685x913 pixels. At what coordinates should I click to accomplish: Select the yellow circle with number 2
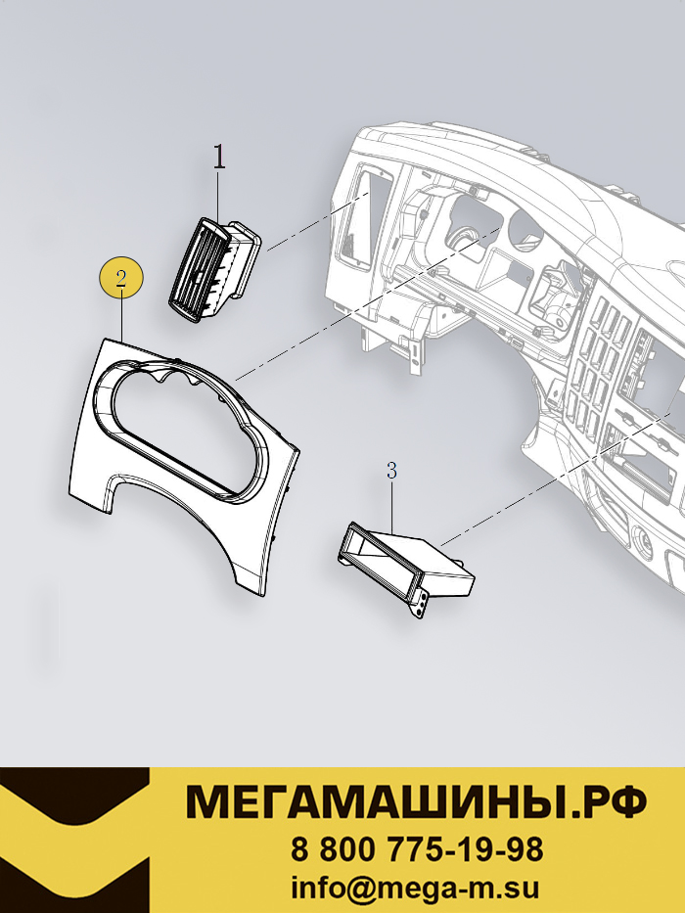point(120,277)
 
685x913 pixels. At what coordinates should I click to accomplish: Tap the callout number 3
point(391,471)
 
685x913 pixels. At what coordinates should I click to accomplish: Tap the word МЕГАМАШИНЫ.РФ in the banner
point(415,802)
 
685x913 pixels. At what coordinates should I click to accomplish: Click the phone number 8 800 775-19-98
point(417,849)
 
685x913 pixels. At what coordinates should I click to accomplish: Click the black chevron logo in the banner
point(74,840)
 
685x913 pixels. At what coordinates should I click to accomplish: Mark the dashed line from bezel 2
point(368,302)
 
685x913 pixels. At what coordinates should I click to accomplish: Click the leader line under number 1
point(218,199)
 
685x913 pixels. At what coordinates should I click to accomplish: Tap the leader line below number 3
point(391,506)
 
